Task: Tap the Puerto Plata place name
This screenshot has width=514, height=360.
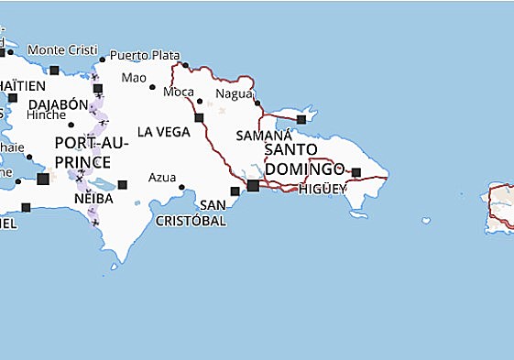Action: coord(145,55)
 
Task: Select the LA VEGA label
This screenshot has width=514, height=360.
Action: coord(164,132)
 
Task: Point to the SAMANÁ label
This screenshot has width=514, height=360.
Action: coord(263,135)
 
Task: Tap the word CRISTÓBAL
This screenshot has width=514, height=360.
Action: coord(191,221)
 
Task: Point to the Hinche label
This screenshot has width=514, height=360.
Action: coord(46,115)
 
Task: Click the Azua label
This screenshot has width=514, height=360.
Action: coord(162,177)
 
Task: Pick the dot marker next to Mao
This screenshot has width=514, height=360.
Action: coord(152,87)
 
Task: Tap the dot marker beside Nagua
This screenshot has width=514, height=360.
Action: coord(258,103)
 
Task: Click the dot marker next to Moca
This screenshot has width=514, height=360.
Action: coord(201,101)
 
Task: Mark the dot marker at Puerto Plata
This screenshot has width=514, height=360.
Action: coord(185,65)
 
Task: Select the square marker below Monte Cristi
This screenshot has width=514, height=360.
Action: coord(54,70)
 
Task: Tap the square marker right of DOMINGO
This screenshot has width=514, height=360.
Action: coord(356,171)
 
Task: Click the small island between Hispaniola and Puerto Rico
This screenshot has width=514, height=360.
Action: coord(426,220)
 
